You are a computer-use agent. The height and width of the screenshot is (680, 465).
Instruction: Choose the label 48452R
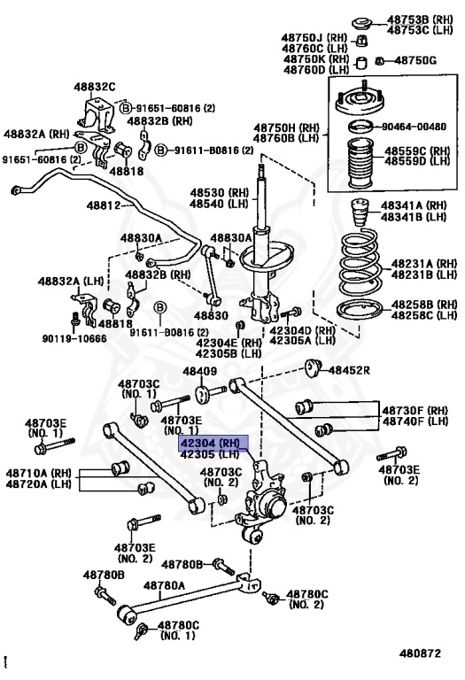click(x=349, y=370)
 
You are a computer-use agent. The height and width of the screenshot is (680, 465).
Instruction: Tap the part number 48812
click(x=105, y=205)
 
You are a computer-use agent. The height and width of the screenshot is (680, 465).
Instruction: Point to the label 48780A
click(x=164, y=585)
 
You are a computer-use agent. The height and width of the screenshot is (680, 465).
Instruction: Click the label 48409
click(x=199, y=371)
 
